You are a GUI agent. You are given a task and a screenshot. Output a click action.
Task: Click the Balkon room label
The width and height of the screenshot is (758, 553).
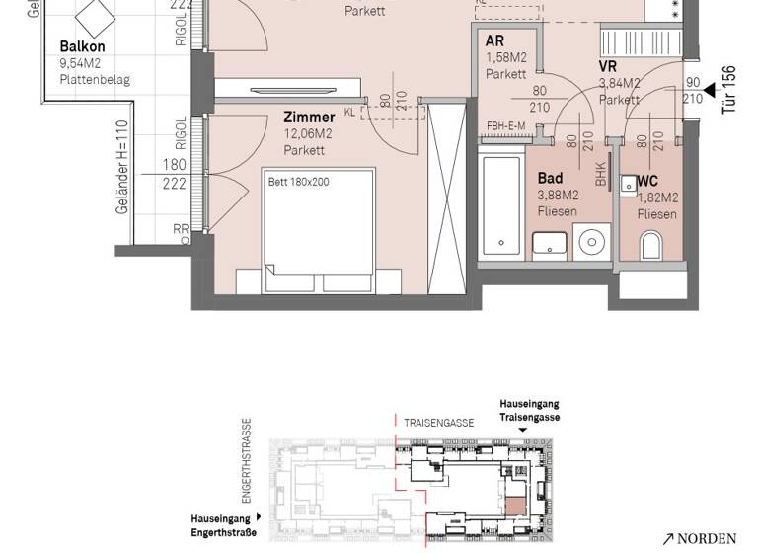(x=82, y=46)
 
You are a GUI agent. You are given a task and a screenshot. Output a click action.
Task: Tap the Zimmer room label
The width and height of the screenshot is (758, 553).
(x=309, y=117)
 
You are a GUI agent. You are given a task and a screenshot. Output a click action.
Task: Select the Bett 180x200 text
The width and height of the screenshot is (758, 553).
(x=299, y=183)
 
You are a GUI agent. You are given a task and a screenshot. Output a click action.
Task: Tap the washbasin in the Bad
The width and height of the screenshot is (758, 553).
(x=550, y=244)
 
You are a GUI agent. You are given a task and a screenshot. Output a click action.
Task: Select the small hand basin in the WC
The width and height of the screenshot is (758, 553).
(x=628, y=184)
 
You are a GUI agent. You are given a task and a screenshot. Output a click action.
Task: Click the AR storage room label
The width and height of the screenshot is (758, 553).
(x=495, y=40)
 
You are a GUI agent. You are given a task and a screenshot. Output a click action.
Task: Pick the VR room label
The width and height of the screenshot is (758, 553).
(x=608, y=66)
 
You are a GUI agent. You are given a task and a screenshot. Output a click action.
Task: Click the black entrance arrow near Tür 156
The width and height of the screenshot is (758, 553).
(x=708, y=90)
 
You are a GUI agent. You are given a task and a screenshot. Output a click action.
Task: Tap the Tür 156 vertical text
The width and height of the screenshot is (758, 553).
(x=729, y=90)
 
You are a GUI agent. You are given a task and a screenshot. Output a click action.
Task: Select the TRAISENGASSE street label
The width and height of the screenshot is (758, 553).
(x=439, y=423)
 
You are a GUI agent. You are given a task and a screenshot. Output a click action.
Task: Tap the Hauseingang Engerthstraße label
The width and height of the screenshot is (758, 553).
(x=223, y=525)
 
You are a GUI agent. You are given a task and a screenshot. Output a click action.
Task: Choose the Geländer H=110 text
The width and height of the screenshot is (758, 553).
(x=121, y=166)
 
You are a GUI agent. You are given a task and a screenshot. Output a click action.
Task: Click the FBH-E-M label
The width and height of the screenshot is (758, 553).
(x=505, y=126)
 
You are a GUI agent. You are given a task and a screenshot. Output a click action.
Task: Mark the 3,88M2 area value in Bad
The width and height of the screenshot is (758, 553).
(x=559, y=196)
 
